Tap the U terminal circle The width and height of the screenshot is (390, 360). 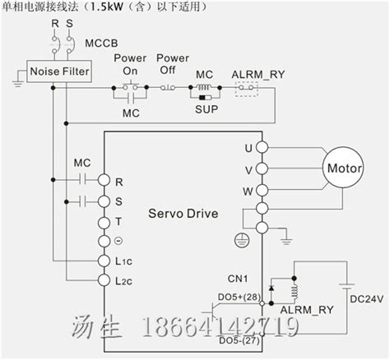click(x=262, y=147)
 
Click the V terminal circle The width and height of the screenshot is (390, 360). click(x=262, y=168)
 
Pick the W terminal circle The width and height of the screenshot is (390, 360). click(x=262, y=190)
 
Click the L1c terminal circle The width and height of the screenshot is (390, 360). click(x=104, y=261)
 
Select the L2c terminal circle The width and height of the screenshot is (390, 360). click(x=104, y=280)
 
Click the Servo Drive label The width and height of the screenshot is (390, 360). click(x=183, y=214)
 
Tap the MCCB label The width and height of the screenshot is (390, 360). click(x=101, y=43)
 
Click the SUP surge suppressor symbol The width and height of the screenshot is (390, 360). click(x=205, y=98)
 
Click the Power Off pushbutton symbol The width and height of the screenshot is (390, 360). click(x=168, y=88)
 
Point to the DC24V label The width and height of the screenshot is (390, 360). click(x=366, y=299)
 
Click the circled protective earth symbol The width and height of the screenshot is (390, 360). click(x=242, y=240)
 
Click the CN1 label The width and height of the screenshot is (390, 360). click(x=238, y=279)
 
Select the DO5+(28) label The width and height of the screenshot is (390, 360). click(x=239, y=297)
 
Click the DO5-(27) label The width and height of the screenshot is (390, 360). click(x=239, y=341)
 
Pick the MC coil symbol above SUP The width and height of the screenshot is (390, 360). click(x=205, y=87)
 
